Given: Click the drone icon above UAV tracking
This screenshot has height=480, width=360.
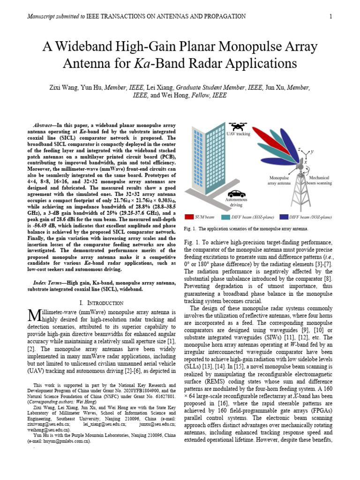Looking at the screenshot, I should click(238, 127).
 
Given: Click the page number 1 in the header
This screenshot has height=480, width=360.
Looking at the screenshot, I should click(331, 17).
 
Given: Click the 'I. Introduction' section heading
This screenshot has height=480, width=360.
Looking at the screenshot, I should click(102, 303).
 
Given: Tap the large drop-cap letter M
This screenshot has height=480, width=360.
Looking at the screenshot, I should click(35, 315).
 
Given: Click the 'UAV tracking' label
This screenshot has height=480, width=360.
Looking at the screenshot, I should click(239, 134).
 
